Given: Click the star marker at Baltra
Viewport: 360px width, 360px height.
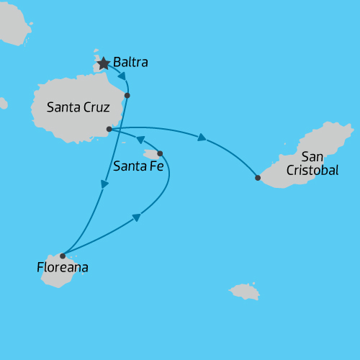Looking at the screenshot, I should pos(104,63).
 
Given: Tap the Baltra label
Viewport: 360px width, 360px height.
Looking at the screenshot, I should pos(130,63).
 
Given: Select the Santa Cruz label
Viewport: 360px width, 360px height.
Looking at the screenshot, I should pos(78,108).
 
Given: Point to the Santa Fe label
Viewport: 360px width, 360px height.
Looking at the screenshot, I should pos(139,166).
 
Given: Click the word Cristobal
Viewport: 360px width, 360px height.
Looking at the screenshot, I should pos(312,170).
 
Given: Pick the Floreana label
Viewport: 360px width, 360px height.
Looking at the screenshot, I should pos(63,268).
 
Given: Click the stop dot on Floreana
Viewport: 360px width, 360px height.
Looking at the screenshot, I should pos(63,256).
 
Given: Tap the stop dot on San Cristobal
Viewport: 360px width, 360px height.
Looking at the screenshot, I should pos(258,177).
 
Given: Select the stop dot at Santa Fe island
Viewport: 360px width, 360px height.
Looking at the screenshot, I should pos(160,153).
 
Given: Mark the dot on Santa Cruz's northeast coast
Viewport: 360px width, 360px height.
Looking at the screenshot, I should pos(127,95).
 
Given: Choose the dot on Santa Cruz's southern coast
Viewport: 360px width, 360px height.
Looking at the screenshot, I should pos(109,129).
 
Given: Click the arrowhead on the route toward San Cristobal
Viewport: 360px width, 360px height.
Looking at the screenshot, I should pos(202,137).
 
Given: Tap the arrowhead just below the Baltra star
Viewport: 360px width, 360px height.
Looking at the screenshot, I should pos(122,76).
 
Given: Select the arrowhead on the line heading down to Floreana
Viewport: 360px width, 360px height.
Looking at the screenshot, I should pos(105,185).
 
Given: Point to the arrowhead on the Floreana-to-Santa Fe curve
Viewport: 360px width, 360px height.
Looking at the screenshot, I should pos(135,217).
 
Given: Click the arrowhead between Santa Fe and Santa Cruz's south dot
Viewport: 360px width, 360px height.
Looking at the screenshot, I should pos(140,140).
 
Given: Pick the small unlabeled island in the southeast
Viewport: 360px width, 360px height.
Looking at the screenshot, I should pos(244,291).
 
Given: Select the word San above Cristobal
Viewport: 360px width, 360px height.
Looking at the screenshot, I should pos(312,156).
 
